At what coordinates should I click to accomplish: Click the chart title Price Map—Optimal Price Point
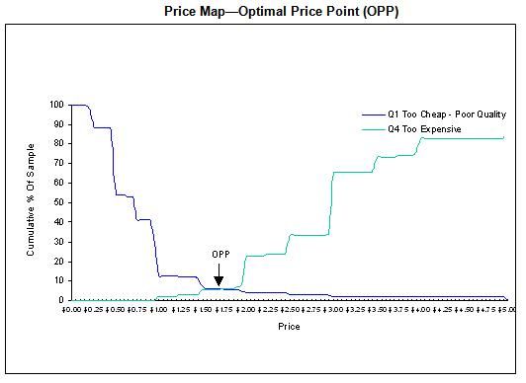(261, 11)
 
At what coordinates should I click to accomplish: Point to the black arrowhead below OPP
(219, 281)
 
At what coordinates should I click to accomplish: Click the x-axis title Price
(289, 326)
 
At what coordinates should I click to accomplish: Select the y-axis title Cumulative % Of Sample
(32, 200)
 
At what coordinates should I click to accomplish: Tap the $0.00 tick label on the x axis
(71, 309)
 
